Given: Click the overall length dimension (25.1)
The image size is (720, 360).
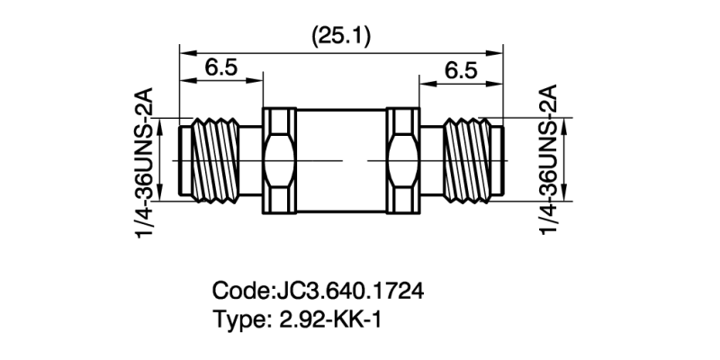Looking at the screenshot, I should pyautogui.click(x=341, y=35).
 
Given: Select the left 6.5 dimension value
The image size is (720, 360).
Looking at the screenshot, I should pyautogui.click(x=221, y=67).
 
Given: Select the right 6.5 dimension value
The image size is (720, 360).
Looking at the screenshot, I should pyautogui.click(x=460, y=67).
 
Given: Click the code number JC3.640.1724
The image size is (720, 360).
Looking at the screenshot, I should pyautogui.click(x=347, y=292).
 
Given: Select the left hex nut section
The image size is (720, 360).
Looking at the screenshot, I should pyautogui.click(x=278, y=160).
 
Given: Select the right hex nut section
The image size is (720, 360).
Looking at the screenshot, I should pyautogui.click(x=402, y=160).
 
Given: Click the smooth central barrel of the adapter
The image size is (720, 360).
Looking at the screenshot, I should pyautogui.click(x=340, y=160).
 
